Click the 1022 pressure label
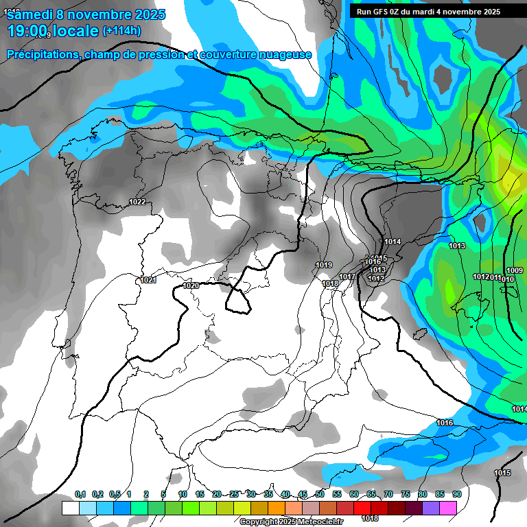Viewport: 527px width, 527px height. (x=137, y=202)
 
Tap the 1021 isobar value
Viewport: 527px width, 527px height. (x=148, y=280)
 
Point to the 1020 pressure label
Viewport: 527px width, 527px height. (x=191, y=285)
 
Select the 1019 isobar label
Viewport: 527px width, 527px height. (x=324, y=265)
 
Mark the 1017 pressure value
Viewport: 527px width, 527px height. (x=347, y=277)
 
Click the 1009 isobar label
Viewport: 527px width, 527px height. (x=515, y=270)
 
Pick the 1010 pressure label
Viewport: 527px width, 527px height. (x=507, y=279)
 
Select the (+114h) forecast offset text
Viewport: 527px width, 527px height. (x=121, y=31)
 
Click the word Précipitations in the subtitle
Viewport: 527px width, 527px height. (x=43, y=55)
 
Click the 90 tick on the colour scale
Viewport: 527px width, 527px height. (x=456, y=494)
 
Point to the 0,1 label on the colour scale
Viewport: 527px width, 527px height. (x=80, y=494)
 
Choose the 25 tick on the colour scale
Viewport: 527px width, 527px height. (x=234, y=494)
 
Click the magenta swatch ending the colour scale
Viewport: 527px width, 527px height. (x=448, y=508)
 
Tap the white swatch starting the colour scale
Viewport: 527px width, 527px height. (x=70, y=508)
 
